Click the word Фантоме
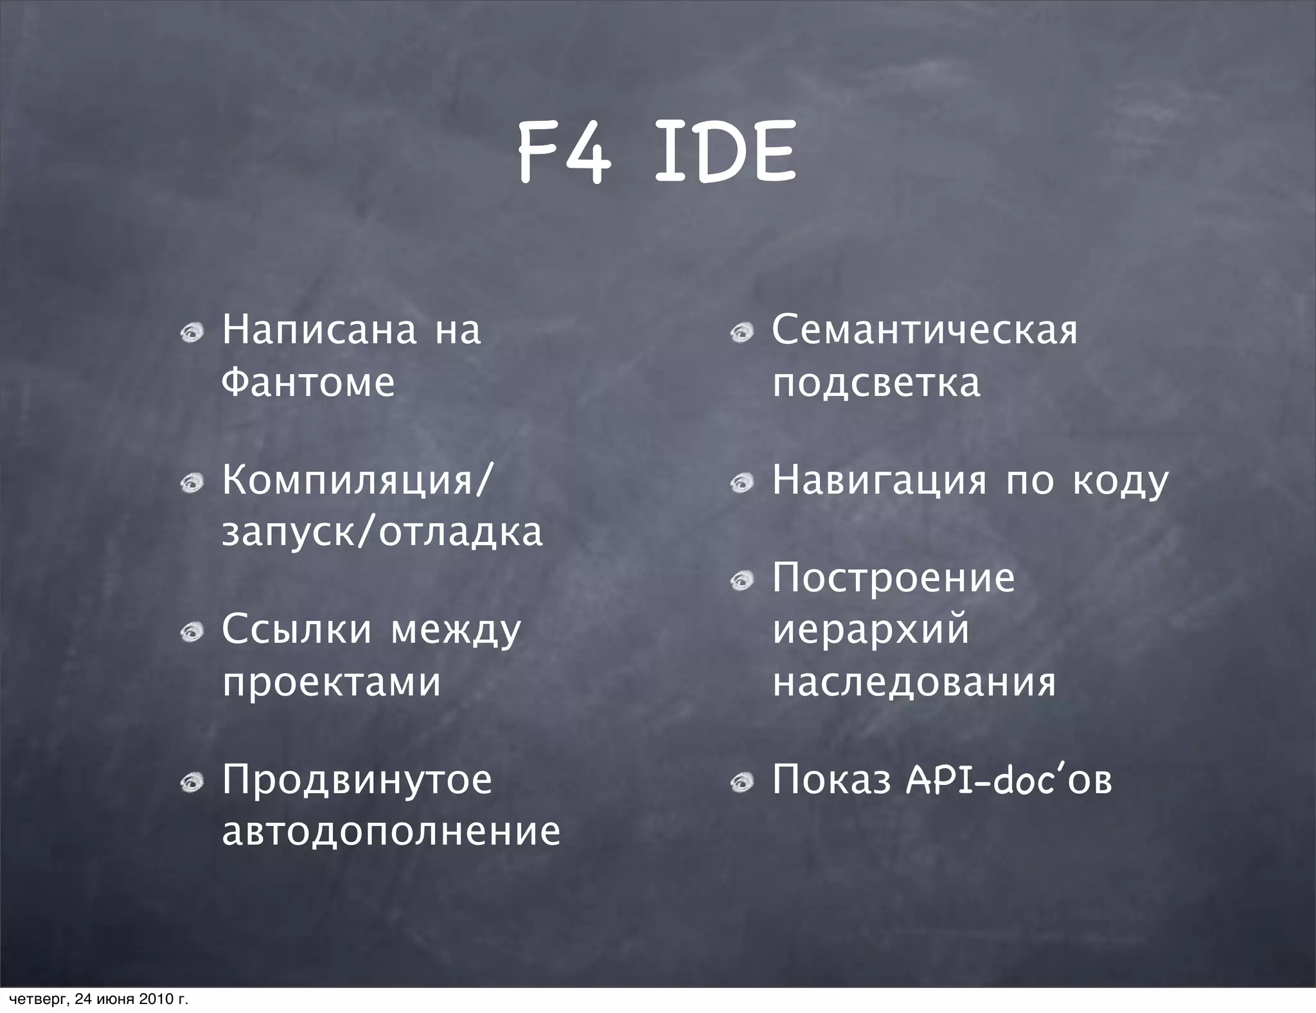[x=308, y=382]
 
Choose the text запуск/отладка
[x=382, y=532]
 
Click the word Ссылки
[x=296, y=629]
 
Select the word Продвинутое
[x=357, y=780]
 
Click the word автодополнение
[x=391, y=831]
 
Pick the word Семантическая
[x=925, y=330]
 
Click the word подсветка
[x=876, y=382]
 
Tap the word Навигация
[x=879, y=480]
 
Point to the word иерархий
[x=871, y=629]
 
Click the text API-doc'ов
[x=1008, y=780]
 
